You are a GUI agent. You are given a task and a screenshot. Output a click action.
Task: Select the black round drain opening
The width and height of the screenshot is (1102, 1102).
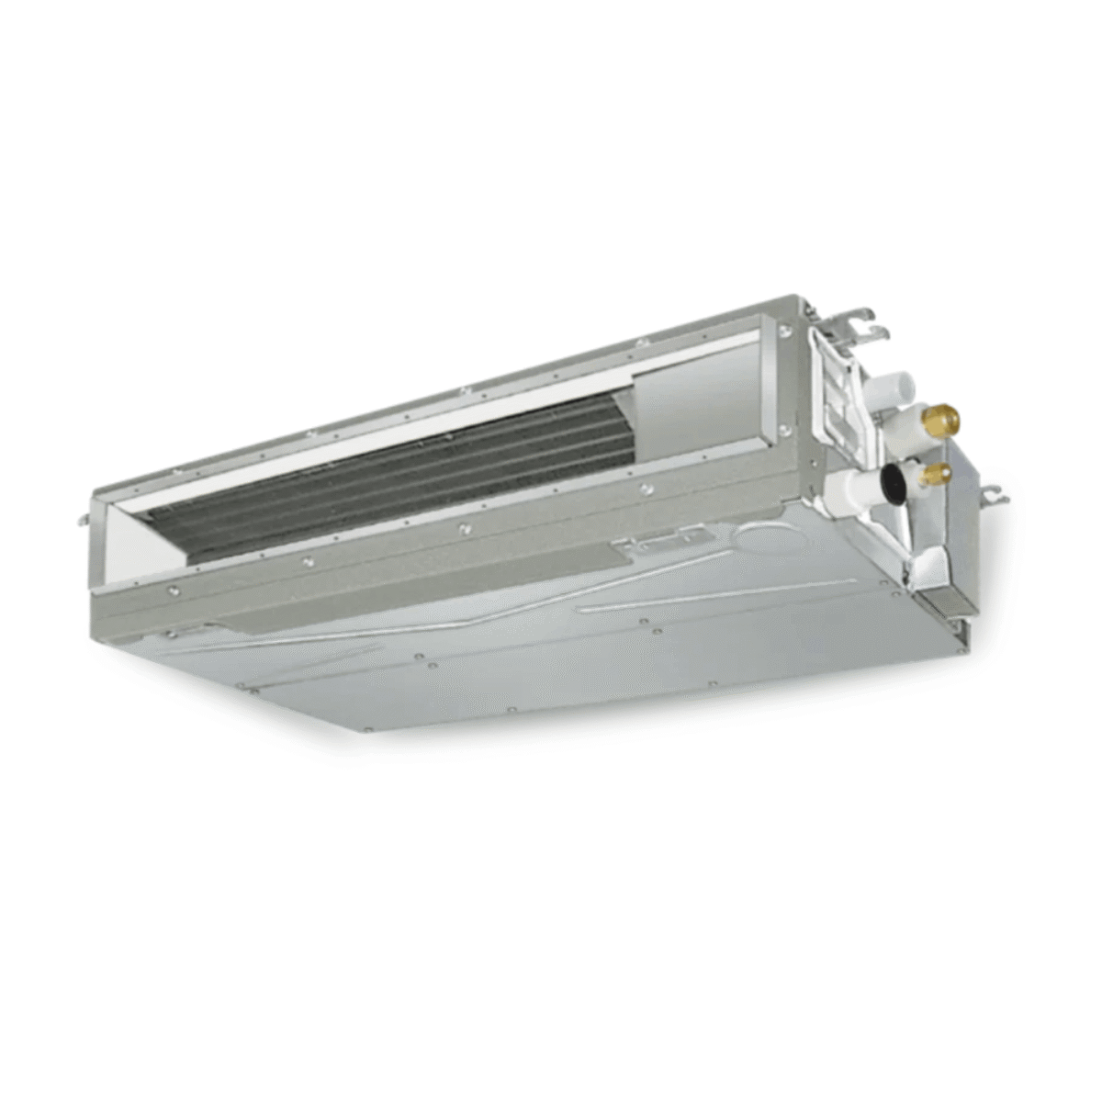click(893, 479)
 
